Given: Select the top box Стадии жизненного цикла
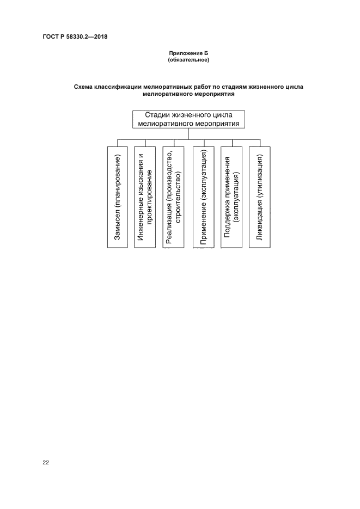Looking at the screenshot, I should [188, 119].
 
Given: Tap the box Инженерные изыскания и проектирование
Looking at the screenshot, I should [146, 197].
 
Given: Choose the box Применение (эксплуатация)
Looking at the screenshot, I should [203, 197].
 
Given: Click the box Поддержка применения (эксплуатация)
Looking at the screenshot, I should [231, 197].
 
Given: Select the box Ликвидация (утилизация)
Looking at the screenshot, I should [260, 197].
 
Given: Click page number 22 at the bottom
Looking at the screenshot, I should [46, 463].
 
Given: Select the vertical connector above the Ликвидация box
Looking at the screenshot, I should [260, 143].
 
